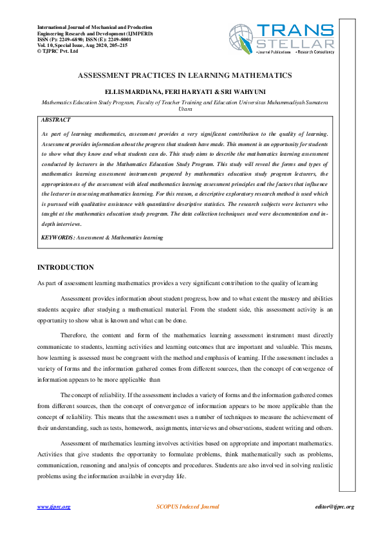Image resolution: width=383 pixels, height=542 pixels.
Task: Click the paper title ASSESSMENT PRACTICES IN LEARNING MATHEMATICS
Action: [x=185, y=75]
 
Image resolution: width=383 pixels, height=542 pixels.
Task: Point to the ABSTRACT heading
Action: [x=55, y=120]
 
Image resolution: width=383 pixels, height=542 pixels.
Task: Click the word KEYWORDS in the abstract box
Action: [x=57, y=238]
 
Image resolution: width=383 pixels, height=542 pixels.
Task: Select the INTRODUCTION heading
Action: [x=66, y=268]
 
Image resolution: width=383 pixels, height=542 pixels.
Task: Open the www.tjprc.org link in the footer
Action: [x=53, y=507]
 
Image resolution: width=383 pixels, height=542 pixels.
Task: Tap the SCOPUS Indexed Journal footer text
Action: [x=188, y=507]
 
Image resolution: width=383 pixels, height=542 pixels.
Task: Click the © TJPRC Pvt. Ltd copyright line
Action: [x=58, y=51]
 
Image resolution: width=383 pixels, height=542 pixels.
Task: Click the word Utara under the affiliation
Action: [x=185, y=109]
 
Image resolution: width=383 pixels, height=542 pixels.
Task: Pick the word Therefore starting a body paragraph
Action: [x=75, y=335]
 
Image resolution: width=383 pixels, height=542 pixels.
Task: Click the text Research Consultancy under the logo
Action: [x=315, y=51]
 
